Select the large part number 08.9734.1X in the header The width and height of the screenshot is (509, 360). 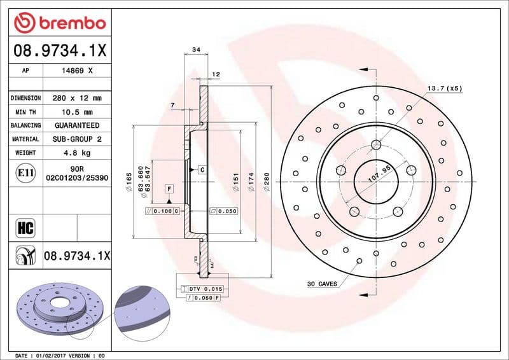click(59, 50)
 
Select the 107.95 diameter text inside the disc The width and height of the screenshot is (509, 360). click(379, 172)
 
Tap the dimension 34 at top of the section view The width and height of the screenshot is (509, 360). click(196, 50)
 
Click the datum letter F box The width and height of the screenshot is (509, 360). click(169, 189)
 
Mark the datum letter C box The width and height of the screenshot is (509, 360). click(201, 170)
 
